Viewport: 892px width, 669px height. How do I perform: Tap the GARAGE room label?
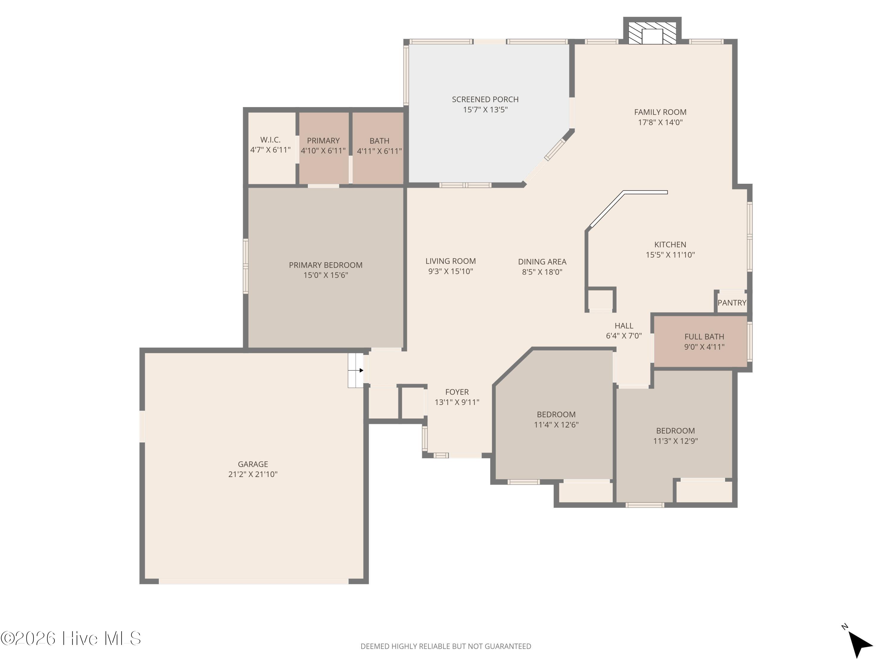pyautogui.click(x=253, y=464)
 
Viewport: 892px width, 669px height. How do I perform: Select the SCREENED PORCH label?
pyautogui.click(x=485, y=99)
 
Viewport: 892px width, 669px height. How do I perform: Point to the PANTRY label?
pyautogui.click(x=732, y=303)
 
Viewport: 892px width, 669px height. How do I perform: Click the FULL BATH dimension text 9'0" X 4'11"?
pyautogui.click(x=704, y=347)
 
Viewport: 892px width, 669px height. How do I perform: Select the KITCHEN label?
pyautogui.click(x=670, y=244)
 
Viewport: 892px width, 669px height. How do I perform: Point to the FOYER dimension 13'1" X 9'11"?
pyautogui.click(x=457, y=402)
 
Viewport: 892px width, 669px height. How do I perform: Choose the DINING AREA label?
pyautogui.click(x=542, y=262)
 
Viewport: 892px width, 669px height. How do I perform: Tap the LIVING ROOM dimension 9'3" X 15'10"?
pyautogui.click(x=450, y=271)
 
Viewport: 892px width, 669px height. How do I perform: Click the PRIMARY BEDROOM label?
pyautogui.click(x=325, y=265)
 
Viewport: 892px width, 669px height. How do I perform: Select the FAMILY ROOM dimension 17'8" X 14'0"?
pyautogui.click(x=660, y=122)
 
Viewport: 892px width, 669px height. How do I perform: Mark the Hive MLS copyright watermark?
pyautogui.click(x=71, y=638)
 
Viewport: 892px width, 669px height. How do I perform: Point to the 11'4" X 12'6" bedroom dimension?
pyautogui.click(x=556, y=425)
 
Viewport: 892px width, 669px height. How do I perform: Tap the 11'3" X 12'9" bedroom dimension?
pyautogui.click(x=676, y=441)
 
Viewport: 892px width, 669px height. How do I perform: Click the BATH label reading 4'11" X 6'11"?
pyautogui.click(x=379, y=146)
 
